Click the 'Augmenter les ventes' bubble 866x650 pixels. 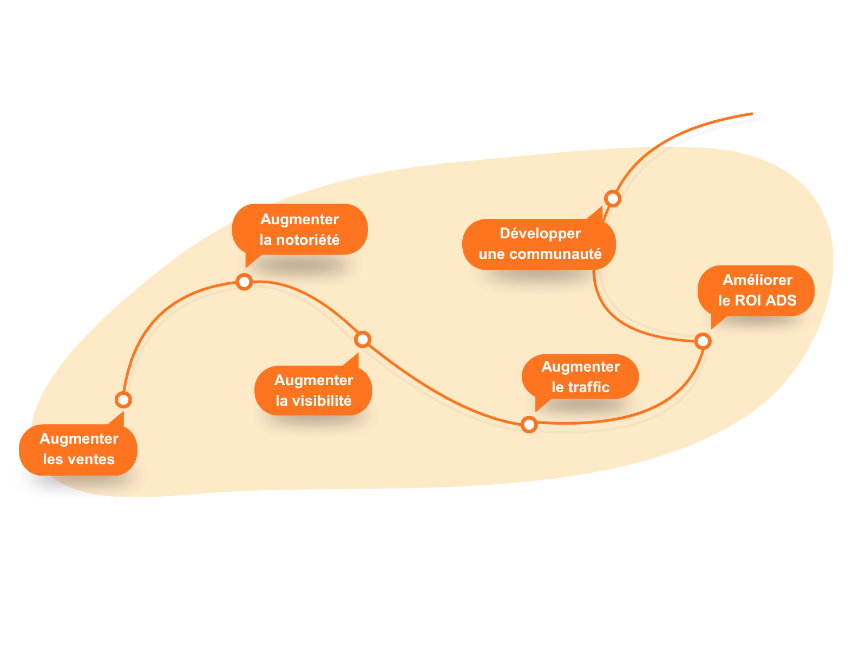click(x=78, y=450)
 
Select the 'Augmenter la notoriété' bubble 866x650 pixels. click(x=300, y=229)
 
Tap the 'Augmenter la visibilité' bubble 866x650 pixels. click(x=313, y=391)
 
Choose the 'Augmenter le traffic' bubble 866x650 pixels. click(x=580, y=376)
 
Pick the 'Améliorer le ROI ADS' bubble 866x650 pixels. click(x=757, y=290)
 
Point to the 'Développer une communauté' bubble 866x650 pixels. click(x=539, y=244)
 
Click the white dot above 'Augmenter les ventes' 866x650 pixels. click(x=123, y=400)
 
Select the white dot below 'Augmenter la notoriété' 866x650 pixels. click(x=244, y=282)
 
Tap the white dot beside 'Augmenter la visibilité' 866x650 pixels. click(x=363, y=340)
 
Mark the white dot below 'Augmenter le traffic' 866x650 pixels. click(x=529, y=424)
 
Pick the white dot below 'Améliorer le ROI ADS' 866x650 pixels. click(x=703, y=341)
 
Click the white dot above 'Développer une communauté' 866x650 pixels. click(x=613, y=199)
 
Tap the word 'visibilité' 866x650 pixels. click(x=322, y=401)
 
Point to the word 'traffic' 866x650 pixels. click(x=588, y=387)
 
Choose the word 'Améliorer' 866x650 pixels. click(x=757, y=280)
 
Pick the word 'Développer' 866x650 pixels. click(x=540, y=233)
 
